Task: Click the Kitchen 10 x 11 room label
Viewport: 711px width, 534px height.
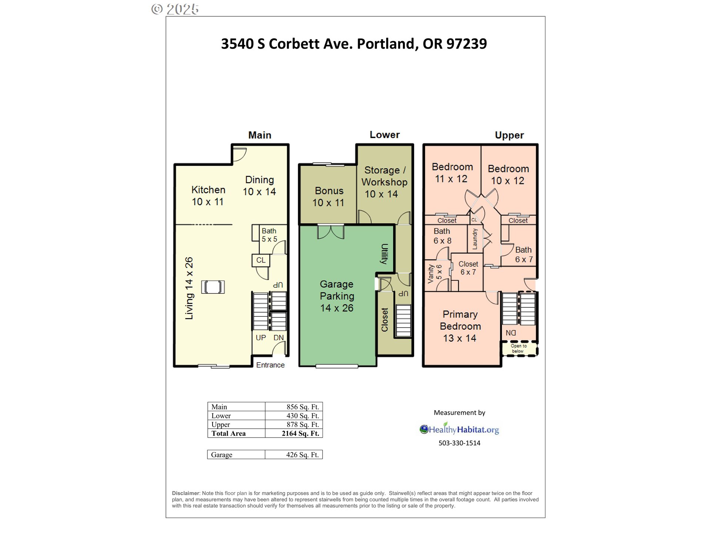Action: [x=208, y=196]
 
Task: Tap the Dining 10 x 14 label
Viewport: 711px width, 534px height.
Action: [x=259, y=186]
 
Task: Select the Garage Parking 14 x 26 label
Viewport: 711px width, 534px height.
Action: [x=337, y=296]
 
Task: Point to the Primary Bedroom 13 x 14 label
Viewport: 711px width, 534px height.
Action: [x=460, y=326]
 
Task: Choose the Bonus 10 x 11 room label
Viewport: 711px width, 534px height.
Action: [x=328, y=197]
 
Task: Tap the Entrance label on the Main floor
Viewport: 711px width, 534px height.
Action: [x=270, y=365]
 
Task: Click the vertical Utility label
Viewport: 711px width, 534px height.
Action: [x=384, y=254]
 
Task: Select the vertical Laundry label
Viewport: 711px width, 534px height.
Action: [x=475, y=239]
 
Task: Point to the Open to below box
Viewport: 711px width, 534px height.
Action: [x=519, y=348]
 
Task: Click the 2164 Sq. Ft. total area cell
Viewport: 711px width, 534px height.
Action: [x=300, y=434]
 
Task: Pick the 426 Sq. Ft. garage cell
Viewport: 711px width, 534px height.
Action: [x=302, y=455]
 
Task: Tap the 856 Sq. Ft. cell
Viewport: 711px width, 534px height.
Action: [x=303, y=407]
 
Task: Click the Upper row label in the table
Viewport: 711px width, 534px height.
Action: [x=221, y=425]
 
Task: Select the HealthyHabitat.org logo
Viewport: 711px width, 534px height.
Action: [x=459, y=429]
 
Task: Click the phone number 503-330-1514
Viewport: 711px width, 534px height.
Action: [x=459, y=443]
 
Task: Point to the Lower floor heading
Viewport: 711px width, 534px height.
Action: [x=385, y=135]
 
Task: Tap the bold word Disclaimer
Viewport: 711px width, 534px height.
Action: [x=186, y=493]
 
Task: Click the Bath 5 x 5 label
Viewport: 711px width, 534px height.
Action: [x=269, y=235]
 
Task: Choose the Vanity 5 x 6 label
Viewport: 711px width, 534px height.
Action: [x=435, y=273]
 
